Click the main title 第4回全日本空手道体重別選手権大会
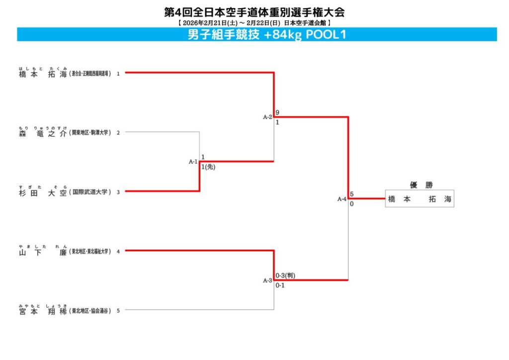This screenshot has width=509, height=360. (254, 12)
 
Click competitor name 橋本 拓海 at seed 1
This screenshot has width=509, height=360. (43, 74)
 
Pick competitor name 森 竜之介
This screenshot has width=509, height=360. (43, 133)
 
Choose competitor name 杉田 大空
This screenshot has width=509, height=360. (43, 192)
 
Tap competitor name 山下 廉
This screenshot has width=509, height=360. (43, 252)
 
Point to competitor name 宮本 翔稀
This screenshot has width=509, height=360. (43, 311)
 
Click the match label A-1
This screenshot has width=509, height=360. (193, 162)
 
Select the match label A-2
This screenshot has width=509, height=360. (267, 117)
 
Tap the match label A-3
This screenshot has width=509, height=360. (267, 280)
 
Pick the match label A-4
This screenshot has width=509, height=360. (342, 199)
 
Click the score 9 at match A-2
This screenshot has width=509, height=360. (277, 113)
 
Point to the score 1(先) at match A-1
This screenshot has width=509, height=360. (208, 167)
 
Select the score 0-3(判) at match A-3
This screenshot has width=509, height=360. (285, 275)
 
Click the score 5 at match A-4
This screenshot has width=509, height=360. (351, 194)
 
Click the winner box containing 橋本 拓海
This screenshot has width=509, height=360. (420, 199)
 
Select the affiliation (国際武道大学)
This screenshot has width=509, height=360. (90, 192)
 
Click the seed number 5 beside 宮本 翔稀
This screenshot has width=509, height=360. (118, 311)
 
